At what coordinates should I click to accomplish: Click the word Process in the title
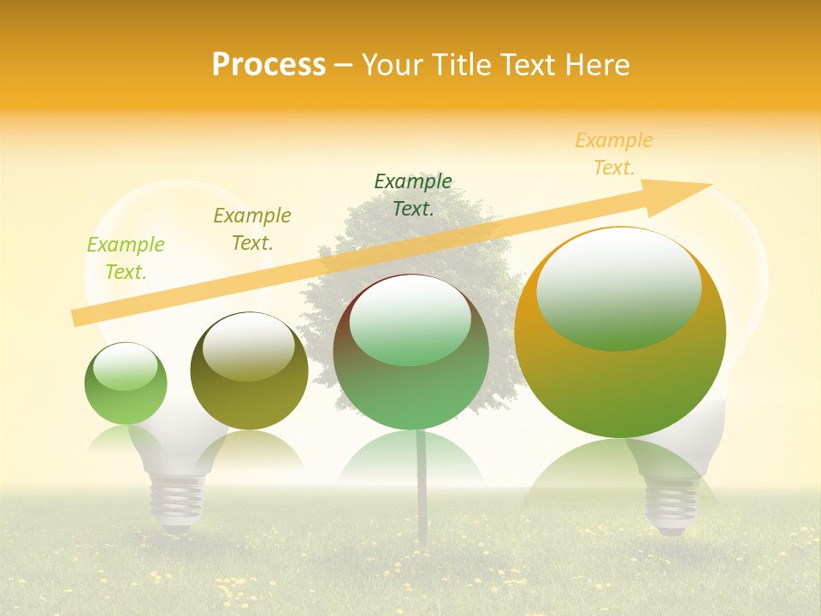[x=269, y=65]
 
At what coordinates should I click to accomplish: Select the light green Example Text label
[x=126, y=258]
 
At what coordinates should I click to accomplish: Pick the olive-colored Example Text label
[x=252, y=229]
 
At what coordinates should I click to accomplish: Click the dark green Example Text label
[x=413, y=194]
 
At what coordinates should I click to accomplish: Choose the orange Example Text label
[x=614, y=154]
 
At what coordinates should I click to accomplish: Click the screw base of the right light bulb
[x=670, y=505]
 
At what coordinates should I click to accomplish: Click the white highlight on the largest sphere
[x=618, y=287]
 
